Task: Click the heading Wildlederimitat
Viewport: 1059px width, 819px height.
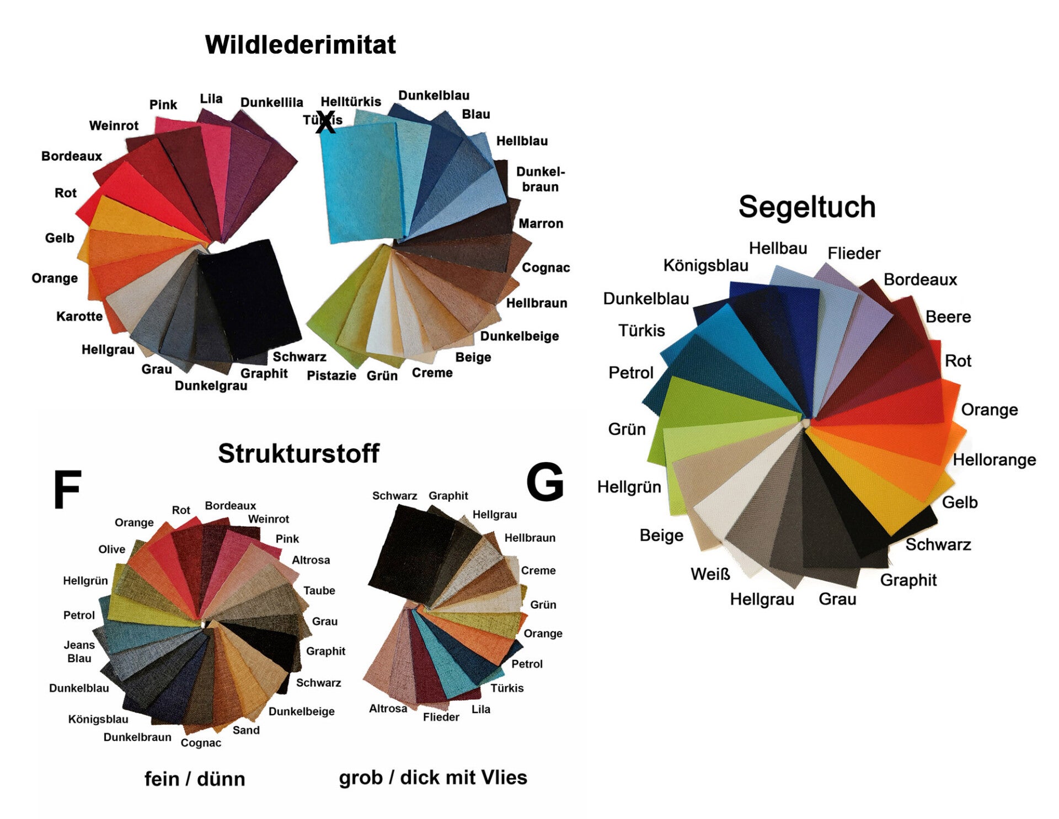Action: (x=300, y=45)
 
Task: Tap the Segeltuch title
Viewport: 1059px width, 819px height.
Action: (x=806, y=207)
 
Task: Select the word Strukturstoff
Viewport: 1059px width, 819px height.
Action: (x=298, y=453)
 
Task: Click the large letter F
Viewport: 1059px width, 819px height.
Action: (x=67, y=490)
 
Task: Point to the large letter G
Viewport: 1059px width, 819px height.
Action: (x=545, y=482)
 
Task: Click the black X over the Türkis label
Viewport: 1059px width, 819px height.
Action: (x=325, y=122)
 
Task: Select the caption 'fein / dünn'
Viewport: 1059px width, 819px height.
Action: (x=195, y=779)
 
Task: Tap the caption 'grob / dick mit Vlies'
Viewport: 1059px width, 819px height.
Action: (x=433, y=777)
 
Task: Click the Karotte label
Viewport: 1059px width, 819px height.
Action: (x=79, y=317)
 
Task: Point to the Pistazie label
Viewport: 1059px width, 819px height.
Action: (x=331, y=376)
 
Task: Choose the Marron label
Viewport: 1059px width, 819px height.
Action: (x=541, y=223)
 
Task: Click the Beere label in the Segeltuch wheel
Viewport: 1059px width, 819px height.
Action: (x=948, y=317)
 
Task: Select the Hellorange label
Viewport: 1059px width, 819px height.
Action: (x=994, y=459)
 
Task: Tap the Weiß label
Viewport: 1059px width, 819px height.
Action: (x=710, y=574)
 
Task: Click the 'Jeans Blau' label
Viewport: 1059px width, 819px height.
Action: (x=79, y=651)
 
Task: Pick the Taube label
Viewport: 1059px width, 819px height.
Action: (x=319, y=591)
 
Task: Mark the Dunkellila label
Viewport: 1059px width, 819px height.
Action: (x=271, y=103)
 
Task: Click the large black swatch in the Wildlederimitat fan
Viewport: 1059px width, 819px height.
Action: (x=248, y=292)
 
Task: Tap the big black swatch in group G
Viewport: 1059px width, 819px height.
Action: (x=408, y=552)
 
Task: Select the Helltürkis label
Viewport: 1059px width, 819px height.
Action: (x=351, y=102)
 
